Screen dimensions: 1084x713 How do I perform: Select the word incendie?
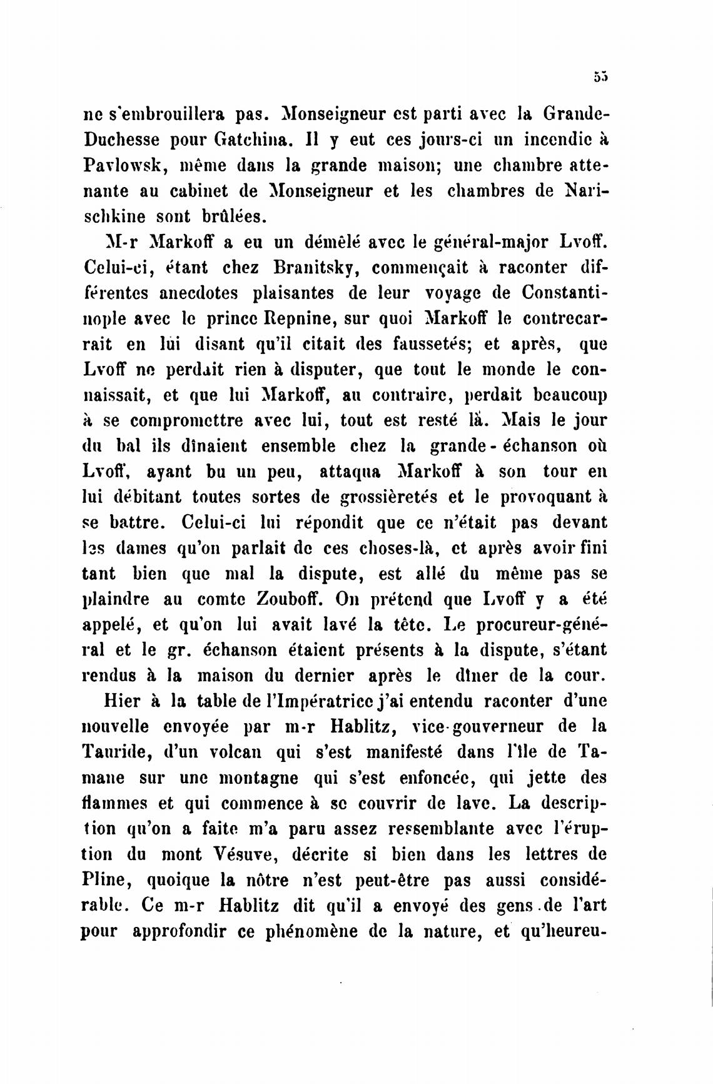[545, 139]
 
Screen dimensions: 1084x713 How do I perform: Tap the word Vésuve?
[274, 854]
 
